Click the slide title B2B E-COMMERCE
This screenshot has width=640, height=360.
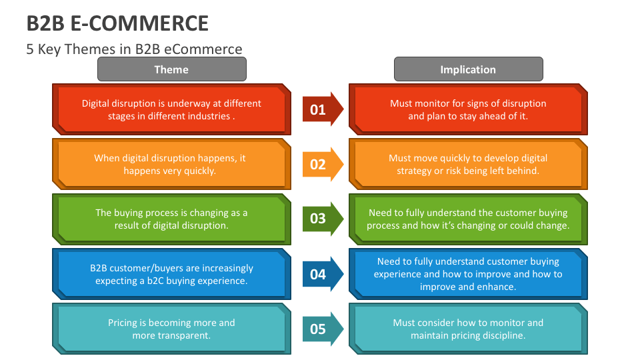pos(117,23)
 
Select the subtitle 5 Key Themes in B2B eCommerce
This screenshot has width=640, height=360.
pos(134,49)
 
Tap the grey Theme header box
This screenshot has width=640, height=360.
pos(171,69)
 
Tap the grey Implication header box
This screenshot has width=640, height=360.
pos(468,69)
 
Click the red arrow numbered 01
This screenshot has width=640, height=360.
pos(323,109)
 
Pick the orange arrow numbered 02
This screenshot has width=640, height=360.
pos(323,164)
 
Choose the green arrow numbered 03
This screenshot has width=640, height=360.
pos(323,219)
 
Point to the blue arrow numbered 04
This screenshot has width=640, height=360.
pos(323,274)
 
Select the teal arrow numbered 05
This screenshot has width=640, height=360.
pos(323,329)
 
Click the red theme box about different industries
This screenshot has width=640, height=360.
pos(171,109)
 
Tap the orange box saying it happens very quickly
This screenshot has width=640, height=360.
pos(171,164)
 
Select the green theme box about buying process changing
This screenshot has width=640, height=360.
pos(171,219)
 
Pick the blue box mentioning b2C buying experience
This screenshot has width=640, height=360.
pos(171,274)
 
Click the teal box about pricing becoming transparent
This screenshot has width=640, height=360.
pos(171,329)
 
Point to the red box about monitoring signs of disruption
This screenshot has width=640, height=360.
pos(468,109)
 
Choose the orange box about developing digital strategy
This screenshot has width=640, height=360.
pos(468,164)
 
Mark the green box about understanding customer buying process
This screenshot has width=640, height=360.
pos(468,219)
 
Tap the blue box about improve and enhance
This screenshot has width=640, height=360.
pos(468,274)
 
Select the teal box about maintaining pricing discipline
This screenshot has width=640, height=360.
pos(468,329)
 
